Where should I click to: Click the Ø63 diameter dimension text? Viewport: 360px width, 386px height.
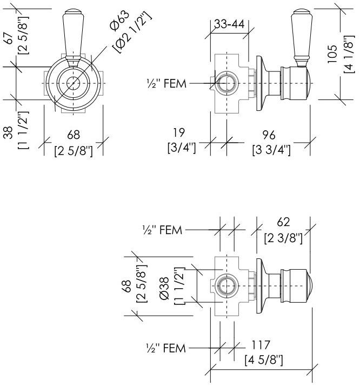[118, 28]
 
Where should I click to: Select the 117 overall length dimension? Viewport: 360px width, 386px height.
[260, 344]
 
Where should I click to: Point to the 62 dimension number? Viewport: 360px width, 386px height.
[283, 222]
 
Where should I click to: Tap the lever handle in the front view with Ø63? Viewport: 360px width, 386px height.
[72, 32]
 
